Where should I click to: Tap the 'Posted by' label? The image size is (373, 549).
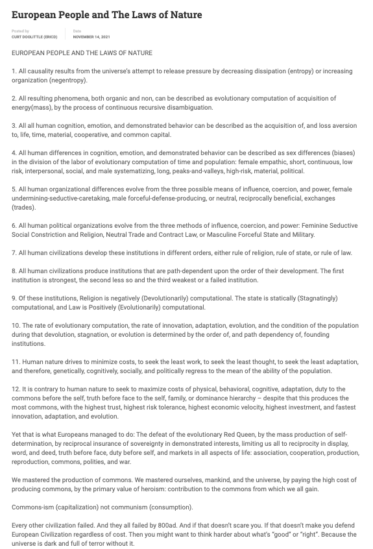(20, 31)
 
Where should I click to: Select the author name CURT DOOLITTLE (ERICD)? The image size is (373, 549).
(34, 37)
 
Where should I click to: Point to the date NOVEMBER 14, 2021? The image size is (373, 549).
(91, 37)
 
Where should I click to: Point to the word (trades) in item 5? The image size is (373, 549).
(27, 208)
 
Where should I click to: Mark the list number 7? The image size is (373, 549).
(14, 252)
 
